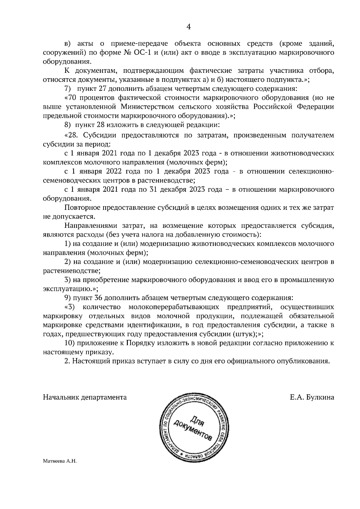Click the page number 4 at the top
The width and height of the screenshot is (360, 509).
click(189, 27)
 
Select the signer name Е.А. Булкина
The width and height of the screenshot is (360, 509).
click(312, 397)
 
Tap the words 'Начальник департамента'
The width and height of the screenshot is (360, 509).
click(85, 397)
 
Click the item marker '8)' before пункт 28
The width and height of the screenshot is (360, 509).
click(68, 124)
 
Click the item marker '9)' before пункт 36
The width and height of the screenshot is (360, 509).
click(68, 298)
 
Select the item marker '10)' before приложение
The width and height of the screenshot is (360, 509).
click(70, 343)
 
